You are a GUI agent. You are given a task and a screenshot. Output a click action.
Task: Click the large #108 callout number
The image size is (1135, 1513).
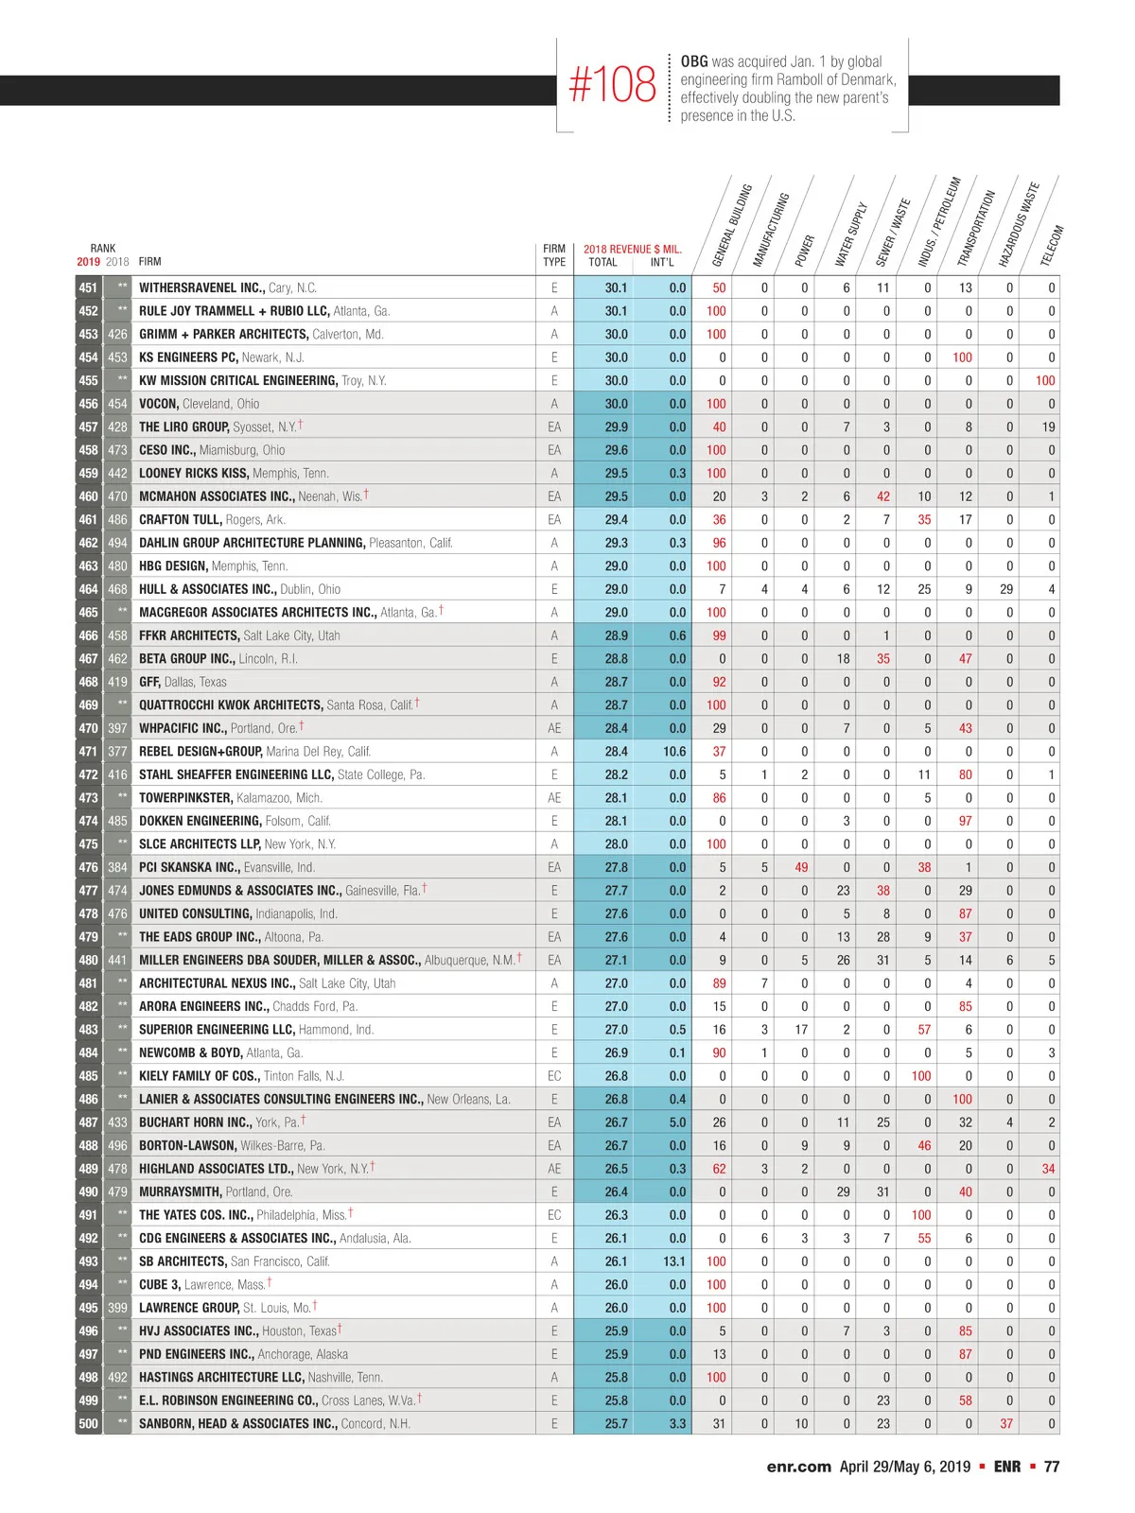(612, 84)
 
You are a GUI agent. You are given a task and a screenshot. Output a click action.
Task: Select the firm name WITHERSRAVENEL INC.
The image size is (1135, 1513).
(201, 287)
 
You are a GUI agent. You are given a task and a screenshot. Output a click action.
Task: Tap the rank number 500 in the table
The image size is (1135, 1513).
(88, 1423)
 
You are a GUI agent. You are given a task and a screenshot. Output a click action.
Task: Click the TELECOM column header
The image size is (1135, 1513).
(1052, 245)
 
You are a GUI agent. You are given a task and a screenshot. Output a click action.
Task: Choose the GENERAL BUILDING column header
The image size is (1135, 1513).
(731, 224)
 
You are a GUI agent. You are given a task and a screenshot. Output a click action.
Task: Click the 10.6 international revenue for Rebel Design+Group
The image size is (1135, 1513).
(673, 751)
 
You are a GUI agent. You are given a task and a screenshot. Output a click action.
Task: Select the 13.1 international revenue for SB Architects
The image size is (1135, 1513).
(673, 1261)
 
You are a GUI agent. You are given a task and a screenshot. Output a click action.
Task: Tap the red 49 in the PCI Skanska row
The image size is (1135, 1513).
(801, 867)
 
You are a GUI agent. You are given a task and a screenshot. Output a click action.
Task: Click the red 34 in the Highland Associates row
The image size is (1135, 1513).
(1048, 1168)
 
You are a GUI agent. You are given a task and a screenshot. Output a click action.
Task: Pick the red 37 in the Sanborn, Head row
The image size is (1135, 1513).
(1006, 1423)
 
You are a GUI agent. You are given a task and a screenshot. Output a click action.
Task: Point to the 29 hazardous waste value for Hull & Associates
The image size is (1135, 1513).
(1006, 589)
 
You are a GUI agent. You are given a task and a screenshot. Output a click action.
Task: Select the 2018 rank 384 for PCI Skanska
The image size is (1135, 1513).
(117, 867)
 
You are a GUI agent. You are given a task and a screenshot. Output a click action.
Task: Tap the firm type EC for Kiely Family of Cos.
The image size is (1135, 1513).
(554, 1076)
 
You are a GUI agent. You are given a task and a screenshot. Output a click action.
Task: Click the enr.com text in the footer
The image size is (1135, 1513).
(798, 1467)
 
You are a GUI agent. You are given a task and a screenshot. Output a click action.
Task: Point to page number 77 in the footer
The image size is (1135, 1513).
(1052, 1467)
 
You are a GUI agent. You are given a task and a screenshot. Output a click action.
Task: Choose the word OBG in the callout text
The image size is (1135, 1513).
(693, 61)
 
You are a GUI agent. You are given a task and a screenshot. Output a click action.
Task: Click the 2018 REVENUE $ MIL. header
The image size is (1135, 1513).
(632, 250)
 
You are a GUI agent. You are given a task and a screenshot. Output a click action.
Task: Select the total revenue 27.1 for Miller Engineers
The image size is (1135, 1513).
(616, 960)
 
